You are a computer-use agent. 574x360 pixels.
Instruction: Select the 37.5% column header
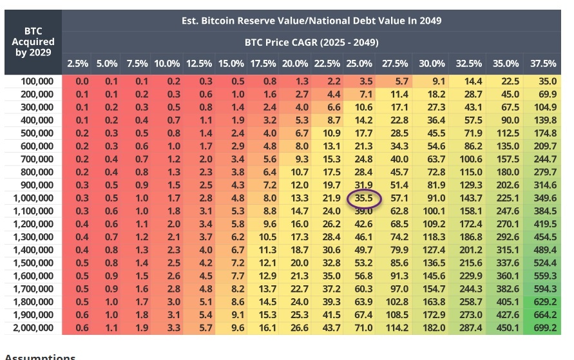544,63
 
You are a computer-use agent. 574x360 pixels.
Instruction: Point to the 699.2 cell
544,328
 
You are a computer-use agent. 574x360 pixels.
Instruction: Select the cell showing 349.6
544,198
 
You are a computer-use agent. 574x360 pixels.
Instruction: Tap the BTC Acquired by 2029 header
30,41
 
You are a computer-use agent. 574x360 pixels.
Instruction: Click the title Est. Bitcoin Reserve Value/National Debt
311,21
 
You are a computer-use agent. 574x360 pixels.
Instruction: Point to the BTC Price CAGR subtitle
311,43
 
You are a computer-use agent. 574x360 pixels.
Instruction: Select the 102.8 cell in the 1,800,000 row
394,303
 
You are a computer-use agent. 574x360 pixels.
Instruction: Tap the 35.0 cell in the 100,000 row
544,81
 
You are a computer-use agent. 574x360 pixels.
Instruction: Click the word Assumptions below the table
40,356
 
